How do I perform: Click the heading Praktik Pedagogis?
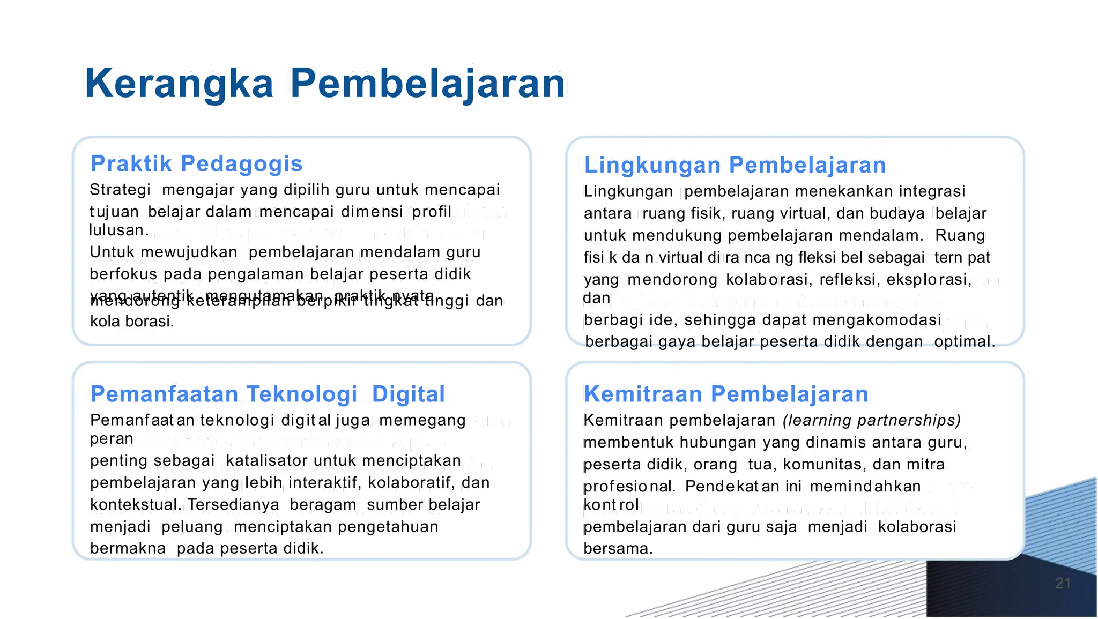pyautogui.click(x=196, y=163)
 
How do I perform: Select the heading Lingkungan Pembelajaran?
pyautogui.click(x=735, y=165)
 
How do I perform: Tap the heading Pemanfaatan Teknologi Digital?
pyautogui.click(x=268, y=394)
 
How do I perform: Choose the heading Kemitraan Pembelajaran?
pyautogui.click(x=726, y=394)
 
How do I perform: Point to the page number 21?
pyautogui.click(x=1063, y=583)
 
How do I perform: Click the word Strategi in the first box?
pyautogui.click(x=120, y=190)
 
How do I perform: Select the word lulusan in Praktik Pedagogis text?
pyautogui.click(x=118, y=230)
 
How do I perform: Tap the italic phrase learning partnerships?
pyautogui.click(x=872, y=420)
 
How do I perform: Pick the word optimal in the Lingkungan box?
pyautogui.click(x=964, y=342)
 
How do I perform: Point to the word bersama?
pyautogui.click(x=617, y=549)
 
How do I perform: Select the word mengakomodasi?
pyautogui.click(x=877, y=320)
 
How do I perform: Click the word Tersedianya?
pyautogui.click(x=233, y=505)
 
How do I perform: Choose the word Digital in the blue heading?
pyautogui.click(x=408, y=394)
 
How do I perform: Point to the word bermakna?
pyautogui.click(x=128, y=549)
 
